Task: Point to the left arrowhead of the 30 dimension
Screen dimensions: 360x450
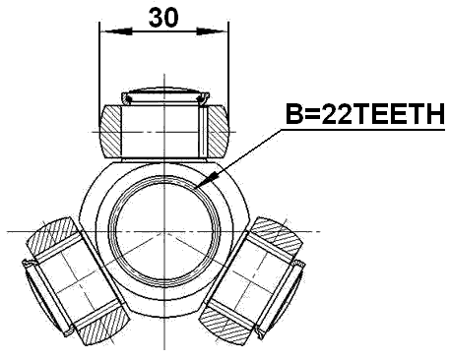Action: coord(105,30)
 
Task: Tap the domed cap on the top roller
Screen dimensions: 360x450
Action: coord(163,94)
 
